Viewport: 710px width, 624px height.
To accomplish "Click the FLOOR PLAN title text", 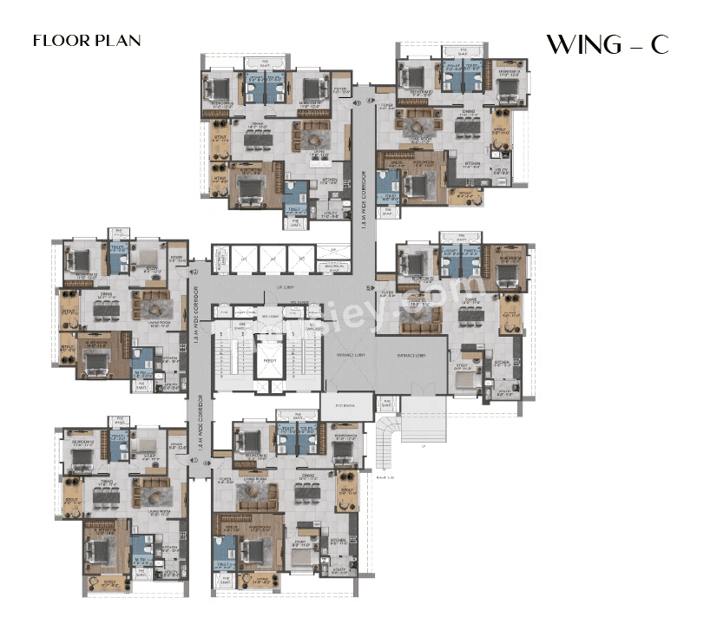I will tap(86, 41).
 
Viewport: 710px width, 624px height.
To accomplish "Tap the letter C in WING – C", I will tap(659, 45).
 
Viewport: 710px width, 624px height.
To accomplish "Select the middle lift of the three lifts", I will tap(269, 259).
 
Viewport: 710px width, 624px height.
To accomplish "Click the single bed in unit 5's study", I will tap(464, 378).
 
